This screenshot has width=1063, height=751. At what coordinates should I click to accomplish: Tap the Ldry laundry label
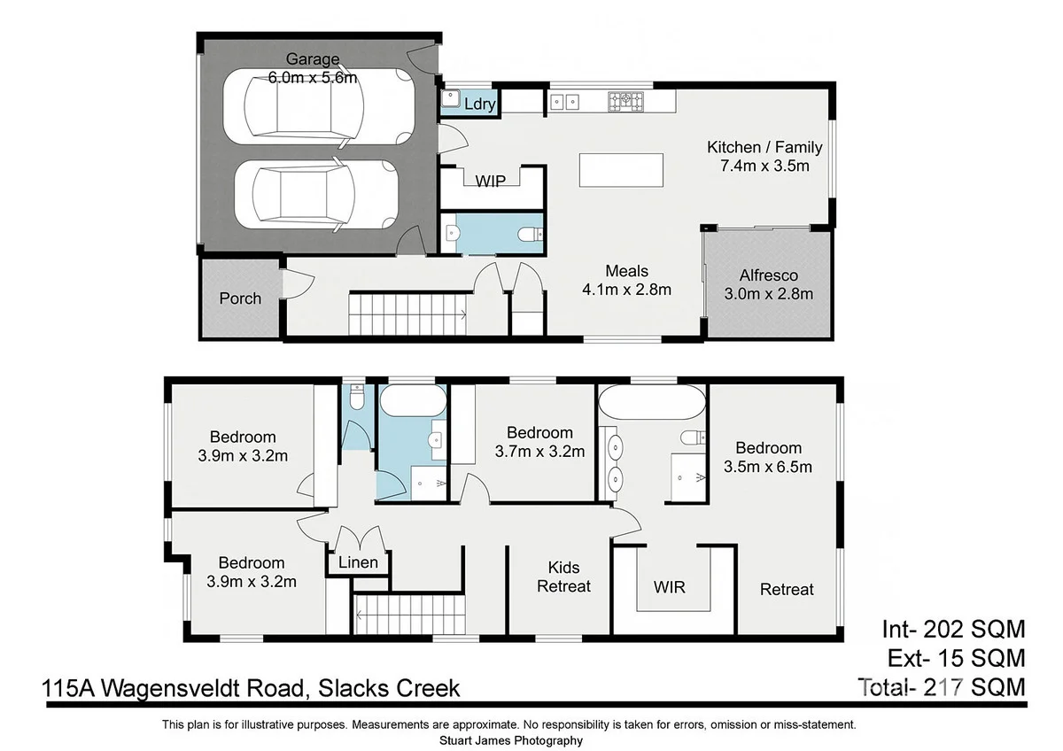479,105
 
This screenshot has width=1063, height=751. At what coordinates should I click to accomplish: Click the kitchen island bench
621,169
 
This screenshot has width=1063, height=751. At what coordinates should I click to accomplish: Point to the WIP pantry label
490,181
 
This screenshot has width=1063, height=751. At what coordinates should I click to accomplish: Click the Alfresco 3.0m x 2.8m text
768,285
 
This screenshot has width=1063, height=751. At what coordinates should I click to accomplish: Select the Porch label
240,298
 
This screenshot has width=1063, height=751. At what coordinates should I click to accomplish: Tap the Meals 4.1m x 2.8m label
626,280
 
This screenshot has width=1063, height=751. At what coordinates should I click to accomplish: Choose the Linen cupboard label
358,562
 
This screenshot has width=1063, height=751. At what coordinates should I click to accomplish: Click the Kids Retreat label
563,577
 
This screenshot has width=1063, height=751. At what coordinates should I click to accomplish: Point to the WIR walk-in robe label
669,586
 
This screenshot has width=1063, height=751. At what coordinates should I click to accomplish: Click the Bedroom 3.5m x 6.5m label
768,457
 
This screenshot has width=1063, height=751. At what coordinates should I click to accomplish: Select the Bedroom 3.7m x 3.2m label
539,441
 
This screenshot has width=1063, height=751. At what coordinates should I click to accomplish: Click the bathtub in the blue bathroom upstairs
413,402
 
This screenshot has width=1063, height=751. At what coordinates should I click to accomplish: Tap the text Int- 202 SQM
952,630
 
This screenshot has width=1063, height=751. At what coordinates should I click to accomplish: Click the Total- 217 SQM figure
942,685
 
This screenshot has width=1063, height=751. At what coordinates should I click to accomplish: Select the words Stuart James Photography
510,740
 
